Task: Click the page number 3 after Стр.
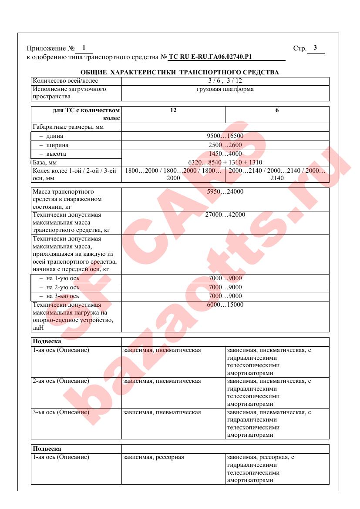pos(315,48)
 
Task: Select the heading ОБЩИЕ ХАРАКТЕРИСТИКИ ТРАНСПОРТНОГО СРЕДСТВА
pos(180,72)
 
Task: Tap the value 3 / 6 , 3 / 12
pos(225,81)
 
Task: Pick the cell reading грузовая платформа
pos(225,89)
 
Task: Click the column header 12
pos(173,111)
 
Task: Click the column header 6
pos(277,111)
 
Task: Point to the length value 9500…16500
pos(225,136)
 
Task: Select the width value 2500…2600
pos(225,145)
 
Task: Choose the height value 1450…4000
pos(225,154)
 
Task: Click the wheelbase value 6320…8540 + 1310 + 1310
pos(225,162)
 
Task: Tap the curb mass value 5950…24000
pos(225,192)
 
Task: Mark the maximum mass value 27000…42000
pos(225,215)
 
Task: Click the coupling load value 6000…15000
pos(225,305)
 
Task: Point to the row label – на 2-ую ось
pos(59,288)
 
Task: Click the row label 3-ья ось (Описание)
pos(61,412)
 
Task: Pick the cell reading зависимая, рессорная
pos(154,457)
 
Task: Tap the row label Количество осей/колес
pos(65,81)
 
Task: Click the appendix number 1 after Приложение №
pos(84,48)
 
